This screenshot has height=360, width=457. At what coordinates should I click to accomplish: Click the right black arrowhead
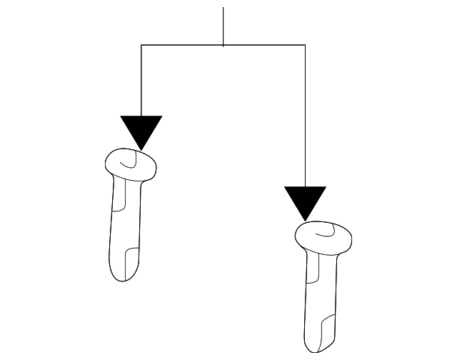pyautogui.click(x=305, y=201)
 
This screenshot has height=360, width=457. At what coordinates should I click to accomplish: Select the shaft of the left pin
pyautogui.click(x=126, y=221)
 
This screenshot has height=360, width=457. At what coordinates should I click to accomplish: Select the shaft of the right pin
pyautogui.click(x=321, y=293)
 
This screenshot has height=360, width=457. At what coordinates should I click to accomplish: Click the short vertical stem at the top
pyautogui.click(x=224, y=26)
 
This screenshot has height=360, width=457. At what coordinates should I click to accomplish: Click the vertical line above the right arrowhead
pyautogui.click(x=305, y=114)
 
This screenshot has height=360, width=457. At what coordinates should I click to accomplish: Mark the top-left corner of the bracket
pyautogui.click(x=141, y=46)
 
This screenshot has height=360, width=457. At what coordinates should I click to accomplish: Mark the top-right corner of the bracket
pyautogui.click(x=305, y=46)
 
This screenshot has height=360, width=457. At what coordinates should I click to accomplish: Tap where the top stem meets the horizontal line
pyautogui.click(x=224, y=46)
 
